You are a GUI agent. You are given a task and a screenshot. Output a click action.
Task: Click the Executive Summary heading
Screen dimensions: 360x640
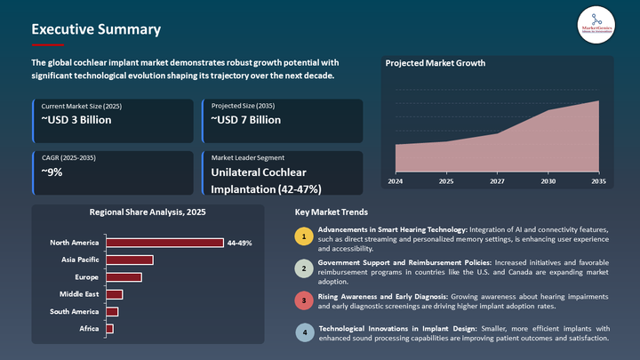click(x=96, y=29)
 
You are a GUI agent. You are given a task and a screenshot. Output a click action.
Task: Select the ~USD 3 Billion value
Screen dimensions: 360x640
click(x=76, y=120)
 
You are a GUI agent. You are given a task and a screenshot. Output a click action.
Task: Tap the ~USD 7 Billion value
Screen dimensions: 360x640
click(x=245, y=120)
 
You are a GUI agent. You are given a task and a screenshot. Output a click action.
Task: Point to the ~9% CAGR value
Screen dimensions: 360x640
click(x=52, y=172)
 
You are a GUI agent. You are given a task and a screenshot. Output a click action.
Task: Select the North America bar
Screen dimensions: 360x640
click(x=164, y=243)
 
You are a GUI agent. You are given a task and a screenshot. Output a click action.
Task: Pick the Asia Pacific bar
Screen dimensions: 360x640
click(x=130, y=260)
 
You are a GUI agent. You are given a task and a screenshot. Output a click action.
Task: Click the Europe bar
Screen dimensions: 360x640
click(x=124, y=277)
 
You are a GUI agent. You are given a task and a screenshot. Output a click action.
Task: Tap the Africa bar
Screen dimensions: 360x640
click(x=109, y=329)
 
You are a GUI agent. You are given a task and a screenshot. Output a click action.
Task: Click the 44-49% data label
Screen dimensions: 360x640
click(x=239, y=243)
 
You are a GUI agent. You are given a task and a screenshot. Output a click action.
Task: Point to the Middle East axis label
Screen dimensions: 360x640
click(x=79, y=294)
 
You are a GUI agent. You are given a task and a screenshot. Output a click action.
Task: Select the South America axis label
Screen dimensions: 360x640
click(x=75, y=311)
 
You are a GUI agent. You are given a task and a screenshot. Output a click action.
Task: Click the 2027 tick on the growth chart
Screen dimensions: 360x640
click(x=497, y=181)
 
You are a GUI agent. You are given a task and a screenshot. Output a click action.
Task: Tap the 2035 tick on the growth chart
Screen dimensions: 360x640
click(x=598, y=181)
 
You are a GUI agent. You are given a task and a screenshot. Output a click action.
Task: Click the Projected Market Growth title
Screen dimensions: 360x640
click(x=434, y=64)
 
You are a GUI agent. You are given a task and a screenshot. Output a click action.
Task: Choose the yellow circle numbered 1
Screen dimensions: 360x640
click(x=304, y=236)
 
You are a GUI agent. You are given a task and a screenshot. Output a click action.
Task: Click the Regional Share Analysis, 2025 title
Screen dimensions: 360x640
click(x=148, y=212)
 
